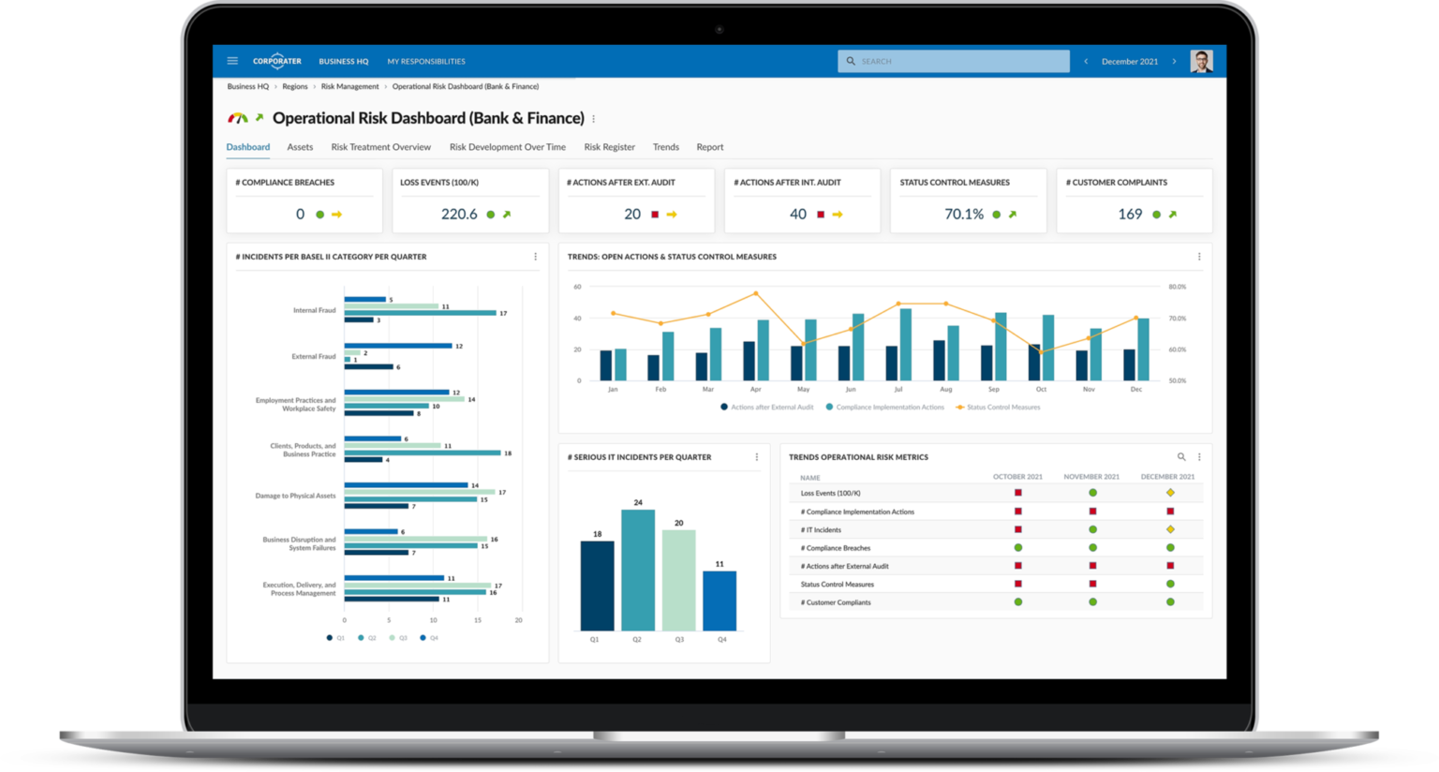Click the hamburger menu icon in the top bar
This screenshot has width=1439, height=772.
(232, 61)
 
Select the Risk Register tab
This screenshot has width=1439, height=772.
(609, 147)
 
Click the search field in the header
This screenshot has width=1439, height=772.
(953, 61)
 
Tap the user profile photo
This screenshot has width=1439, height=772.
(1201, 61)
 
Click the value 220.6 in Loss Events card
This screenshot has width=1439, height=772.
(459, 215)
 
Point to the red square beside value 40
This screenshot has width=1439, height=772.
(821, 215)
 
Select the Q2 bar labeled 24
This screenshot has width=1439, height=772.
(638, 570)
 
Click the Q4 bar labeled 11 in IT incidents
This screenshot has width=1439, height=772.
(719, 601)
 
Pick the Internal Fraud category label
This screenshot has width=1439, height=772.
(314, 310)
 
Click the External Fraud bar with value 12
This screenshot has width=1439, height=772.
(397, 346)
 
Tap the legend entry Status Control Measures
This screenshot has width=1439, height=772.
(1002, 408)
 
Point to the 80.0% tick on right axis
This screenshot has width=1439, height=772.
(1177, 287)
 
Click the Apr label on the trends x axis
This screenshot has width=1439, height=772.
(755, 389)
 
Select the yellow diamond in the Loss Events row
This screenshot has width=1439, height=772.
(1170, 493)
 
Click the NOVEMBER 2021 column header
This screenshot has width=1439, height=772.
(1091, 477)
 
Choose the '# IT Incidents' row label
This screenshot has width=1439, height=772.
(821, 530)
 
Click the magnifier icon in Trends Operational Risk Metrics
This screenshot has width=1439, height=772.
(1181, 457)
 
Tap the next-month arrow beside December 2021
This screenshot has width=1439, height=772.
(1174, 61)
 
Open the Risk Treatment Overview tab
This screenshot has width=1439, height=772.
(380, 147)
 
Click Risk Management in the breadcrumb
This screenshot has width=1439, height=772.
(349, 86)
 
